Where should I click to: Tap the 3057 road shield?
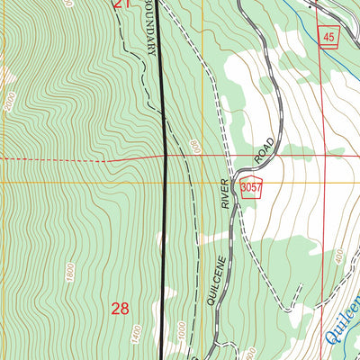click(251, 184)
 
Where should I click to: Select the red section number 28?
click(121, 309)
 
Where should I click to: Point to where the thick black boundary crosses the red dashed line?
click(166, 159)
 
